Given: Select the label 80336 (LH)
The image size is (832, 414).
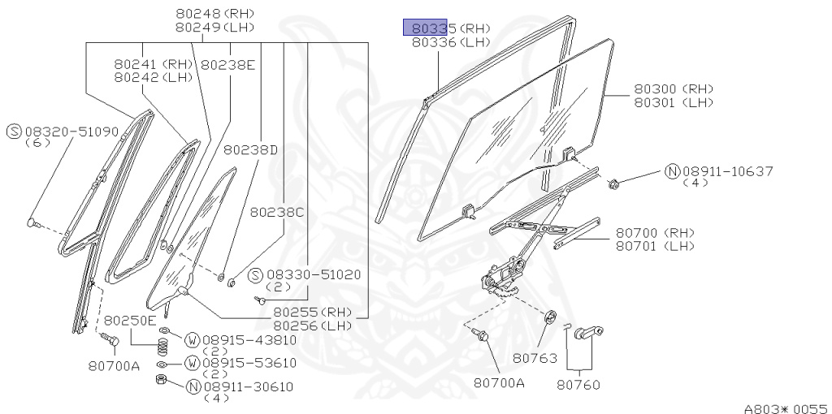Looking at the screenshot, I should coord(451,41).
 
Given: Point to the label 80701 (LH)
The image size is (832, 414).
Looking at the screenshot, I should coord(654,246).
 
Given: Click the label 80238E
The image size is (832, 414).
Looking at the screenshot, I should coord(228,64).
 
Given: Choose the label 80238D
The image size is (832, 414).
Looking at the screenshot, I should coord(251,149).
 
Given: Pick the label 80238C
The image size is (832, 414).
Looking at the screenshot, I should coord(276,212).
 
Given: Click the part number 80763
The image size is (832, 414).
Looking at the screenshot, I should coord(532,356).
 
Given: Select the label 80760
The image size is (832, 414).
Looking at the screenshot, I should coord(578,383).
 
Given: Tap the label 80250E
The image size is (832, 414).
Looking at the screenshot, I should coord(130,320).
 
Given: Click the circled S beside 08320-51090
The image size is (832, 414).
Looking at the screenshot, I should coord(14,131).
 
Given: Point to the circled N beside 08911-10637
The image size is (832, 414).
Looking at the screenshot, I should coord(672,171).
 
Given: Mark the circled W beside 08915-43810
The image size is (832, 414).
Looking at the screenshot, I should coord(193,339).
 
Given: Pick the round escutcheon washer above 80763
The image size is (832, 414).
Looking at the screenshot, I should coord(548,317).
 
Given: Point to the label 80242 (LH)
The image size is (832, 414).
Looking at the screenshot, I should coord(154,77).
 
